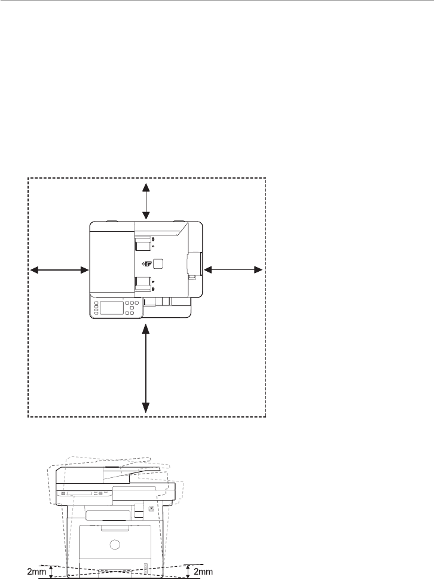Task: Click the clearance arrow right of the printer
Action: click(x=233, y=271)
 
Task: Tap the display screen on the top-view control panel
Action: click(x=112, y=308)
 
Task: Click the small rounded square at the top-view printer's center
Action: click(x=158, y=264)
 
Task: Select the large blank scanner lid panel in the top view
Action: click(x=112, y=263)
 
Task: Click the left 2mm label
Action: click(x=37, y=572)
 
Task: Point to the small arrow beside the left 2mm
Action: click(x=51, y=572)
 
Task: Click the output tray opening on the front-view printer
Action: click(x=109, y=514)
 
